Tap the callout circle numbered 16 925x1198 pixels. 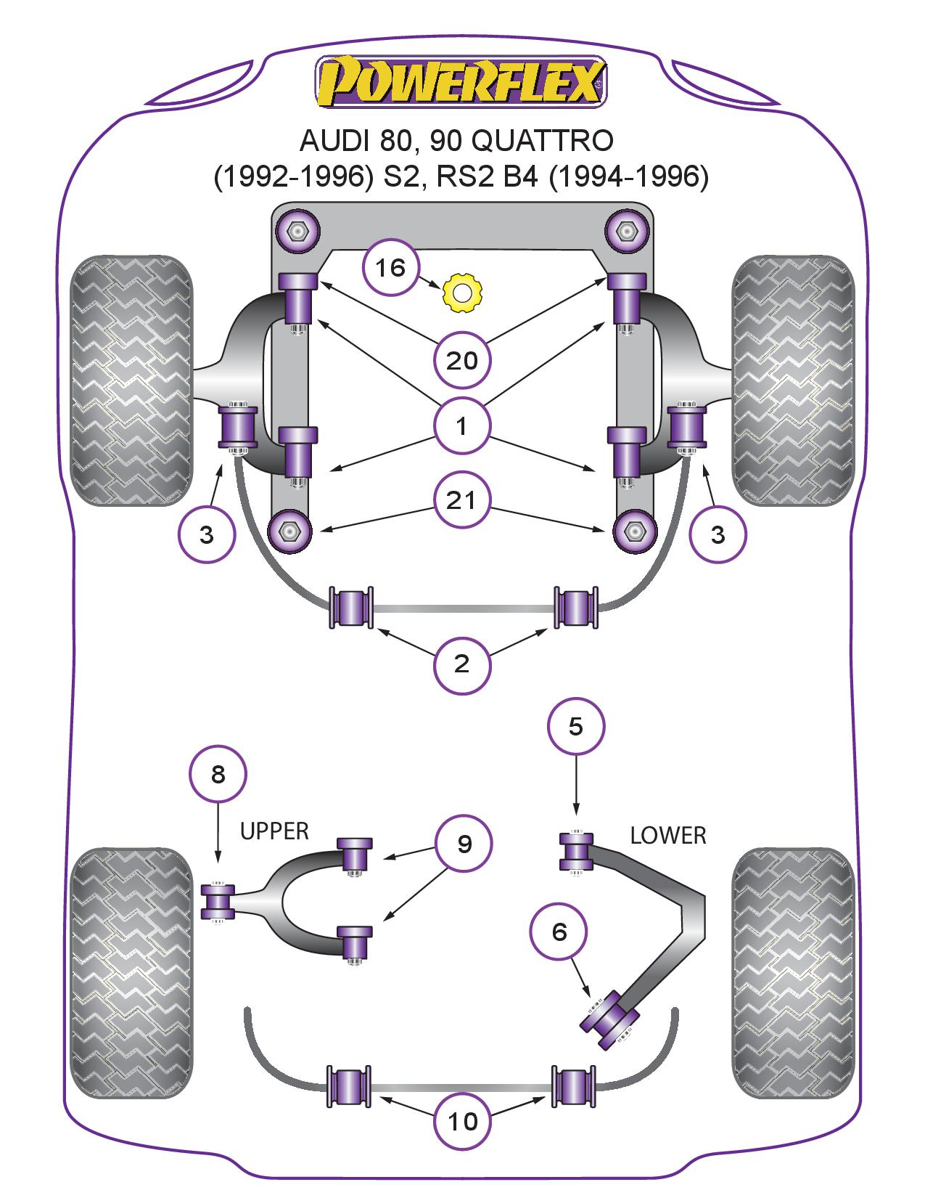click(x=390, y=268)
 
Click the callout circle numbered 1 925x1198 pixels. click(x=462, y=426)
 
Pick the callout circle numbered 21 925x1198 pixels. click(x=462, y=500)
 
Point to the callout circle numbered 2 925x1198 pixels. click(x=462, y=663)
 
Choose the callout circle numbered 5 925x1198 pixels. click(x=575, y=726)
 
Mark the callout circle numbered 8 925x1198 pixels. click(x=218, y=775)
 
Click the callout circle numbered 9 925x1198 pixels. click(x=464, y=844)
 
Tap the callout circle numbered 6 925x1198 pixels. click(x=559, y=932)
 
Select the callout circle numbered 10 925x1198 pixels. click(x=462, y=1122)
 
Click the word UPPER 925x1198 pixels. click(x=274, y=831)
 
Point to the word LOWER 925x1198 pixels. click(x=667, y=836)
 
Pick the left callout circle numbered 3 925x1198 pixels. click(x=207, y=535)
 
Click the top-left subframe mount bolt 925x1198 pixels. click(x=296, y=232)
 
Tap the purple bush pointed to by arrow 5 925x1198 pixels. click(x=575, y=851)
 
